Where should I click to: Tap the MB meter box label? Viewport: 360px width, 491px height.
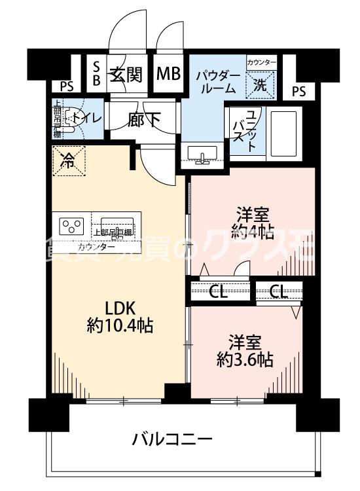168,73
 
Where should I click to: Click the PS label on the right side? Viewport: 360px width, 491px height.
298,92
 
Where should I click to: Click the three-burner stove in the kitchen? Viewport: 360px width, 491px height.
71,227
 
